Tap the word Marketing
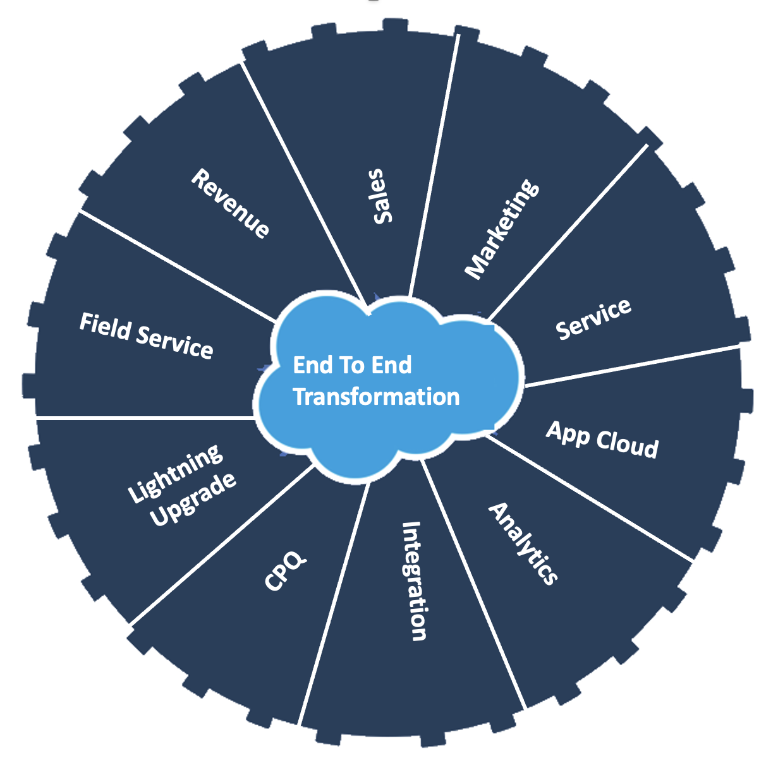click(502, 229)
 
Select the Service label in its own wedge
click(593, 320)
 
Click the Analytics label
click(523, 544)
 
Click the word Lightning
click(175, 473)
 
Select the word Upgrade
click(193, 500)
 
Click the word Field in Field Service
click(106, 327)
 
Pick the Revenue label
click(231, 203)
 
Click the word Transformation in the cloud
click(376, 397)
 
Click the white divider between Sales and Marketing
click(434, 165)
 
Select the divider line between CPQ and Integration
click(334, 603)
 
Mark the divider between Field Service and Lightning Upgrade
click(145, 418)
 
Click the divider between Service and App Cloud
click(633, 366)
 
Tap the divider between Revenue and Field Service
click(178, 266)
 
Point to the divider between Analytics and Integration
click(473, 584)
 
